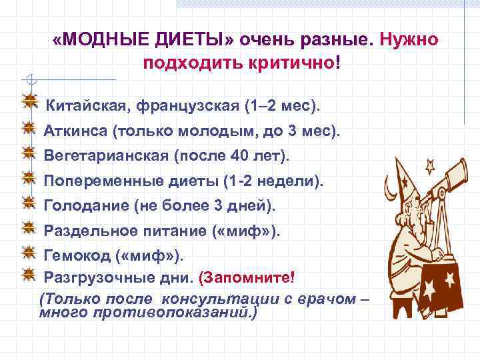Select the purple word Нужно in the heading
click(409, 40)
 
